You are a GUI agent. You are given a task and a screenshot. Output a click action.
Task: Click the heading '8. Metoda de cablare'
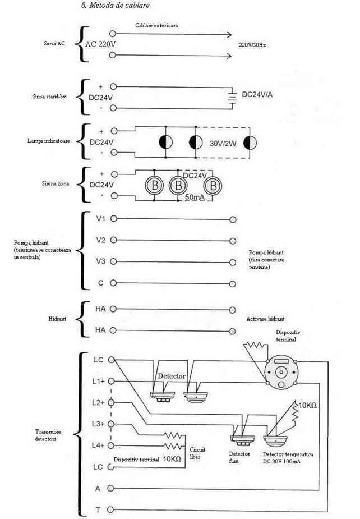[x=115, y=5]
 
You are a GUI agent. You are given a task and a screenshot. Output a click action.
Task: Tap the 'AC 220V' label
[x=100, y=44]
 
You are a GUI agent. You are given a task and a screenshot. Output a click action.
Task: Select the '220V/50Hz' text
[x=252, y=45]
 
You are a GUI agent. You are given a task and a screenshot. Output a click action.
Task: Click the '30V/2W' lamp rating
[x=223, y=144]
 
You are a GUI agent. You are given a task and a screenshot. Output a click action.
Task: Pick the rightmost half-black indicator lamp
[x=250, y=143]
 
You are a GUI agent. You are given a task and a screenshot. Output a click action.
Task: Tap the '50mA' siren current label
[x=195, y=198]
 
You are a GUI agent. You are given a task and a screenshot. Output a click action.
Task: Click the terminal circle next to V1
[x=113, y=218]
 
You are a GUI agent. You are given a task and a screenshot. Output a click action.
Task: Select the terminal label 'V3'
[x=100, y=261]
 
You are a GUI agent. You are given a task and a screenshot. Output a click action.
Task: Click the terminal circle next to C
[x=113, y=283]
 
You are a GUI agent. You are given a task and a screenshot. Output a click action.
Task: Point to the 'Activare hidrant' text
[x=265, y=319]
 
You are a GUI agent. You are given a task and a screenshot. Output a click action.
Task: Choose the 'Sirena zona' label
[x=56, y=183]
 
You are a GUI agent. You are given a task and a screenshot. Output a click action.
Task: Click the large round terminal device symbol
[x=281, y=372]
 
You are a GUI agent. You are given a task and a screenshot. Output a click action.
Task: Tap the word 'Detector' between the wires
[x=172, y=376]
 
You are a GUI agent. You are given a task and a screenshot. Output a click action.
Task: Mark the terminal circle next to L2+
[x=111, y=402]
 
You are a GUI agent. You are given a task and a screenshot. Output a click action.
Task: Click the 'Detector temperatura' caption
[x=288, y=454]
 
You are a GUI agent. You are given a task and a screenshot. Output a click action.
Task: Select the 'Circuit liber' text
[x=197, y=453]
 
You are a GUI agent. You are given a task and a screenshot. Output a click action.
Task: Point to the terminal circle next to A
[x=110, y=488]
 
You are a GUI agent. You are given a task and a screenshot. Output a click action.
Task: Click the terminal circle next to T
[x=110, y=509]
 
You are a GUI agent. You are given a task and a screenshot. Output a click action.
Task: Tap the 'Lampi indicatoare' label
[x=49, y=141]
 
